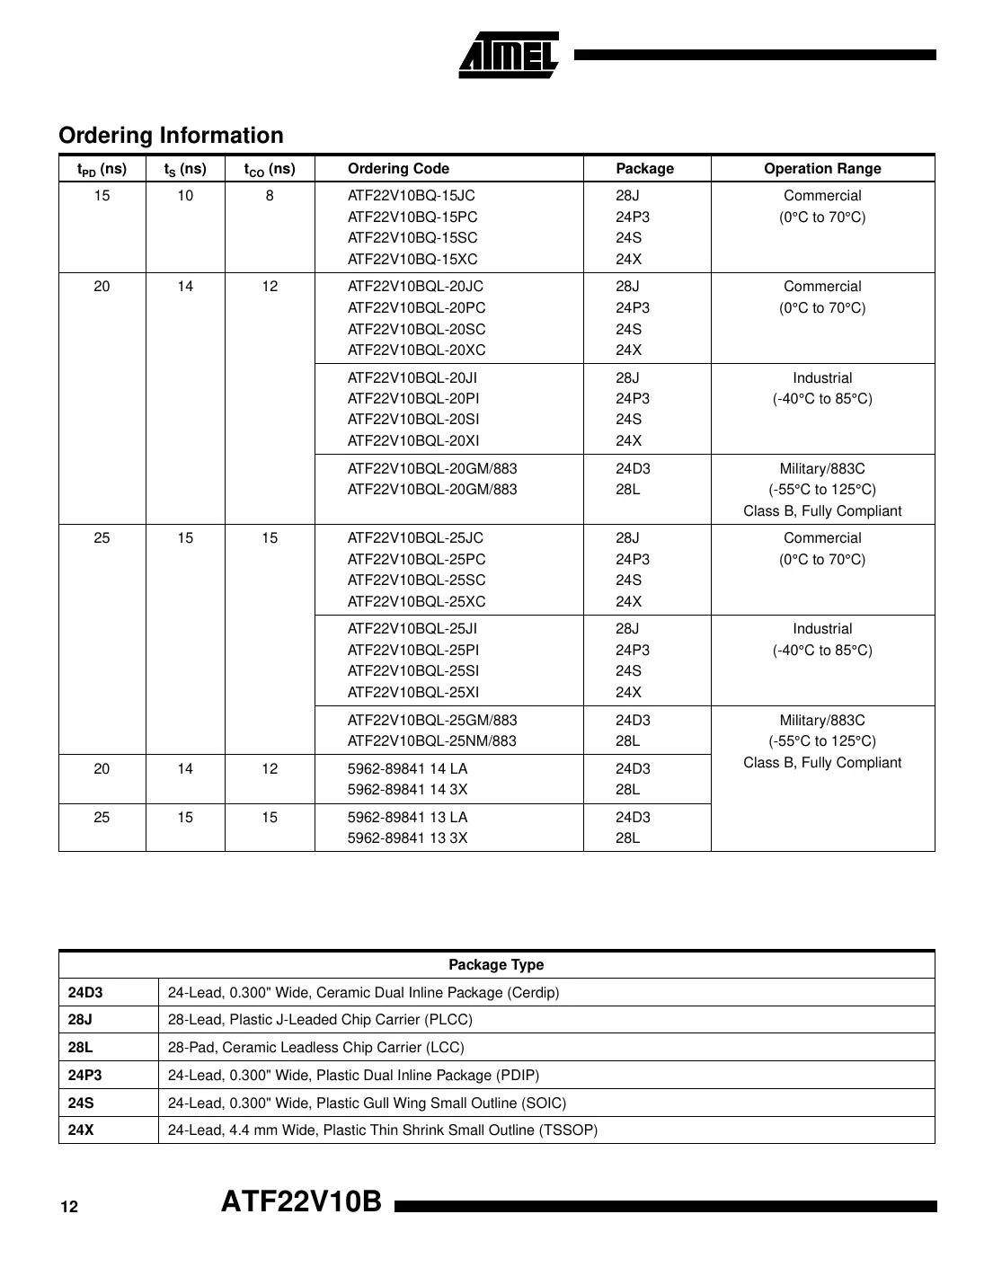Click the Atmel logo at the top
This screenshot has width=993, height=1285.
point(509,56)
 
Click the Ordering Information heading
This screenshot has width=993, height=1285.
point(171,136)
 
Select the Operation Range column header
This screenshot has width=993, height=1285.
point(822,169)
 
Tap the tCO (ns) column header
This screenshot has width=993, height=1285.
point(270,169)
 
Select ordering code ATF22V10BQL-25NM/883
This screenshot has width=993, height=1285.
point(432,741)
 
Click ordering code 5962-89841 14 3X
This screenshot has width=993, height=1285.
point(408,790)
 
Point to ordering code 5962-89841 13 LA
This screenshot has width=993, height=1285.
point(408,818)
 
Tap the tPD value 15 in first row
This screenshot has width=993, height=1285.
point(102,196)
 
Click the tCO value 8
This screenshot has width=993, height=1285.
point(270,196)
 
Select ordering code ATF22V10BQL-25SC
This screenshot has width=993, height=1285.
point(416,580)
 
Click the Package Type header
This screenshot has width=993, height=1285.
point(496,965)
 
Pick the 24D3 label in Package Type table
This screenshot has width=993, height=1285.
point(85,993)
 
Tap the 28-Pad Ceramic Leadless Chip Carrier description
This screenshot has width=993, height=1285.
point(316,1048)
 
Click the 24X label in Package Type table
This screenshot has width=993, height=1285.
point(81,1130)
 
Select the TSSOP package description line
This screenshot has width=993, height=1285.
point(383,1130)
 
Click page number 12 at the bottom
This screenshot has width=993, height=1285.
point(69,1207)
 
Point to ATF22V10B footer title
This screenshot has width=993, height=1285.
point(302,1201)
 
